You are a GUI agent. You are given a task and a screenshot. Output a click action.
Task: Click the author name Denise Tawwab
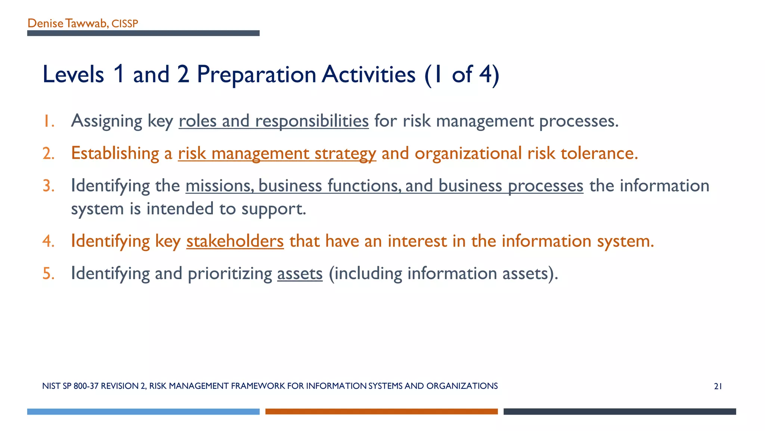pyautogui.click(x=67, y=24)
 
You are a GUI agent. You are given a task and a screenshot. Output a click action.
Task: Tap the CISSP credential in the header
pyautogui.click(x=125, y=24)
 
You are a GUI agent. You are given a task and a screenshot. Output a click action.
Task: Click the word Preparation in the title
pyautogui.click(x=256, y=74)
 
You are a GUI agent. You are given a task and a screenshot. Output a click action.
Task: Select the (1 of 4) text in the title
pyautogui.click(x=462, y=74)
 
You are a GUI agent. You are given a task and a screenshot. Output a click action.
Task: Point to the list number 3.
pyautogui.click(x=48, y=186)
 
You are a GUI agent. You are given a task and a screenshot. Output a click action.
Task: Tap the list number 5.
pyautogui.click(x=48, y=273)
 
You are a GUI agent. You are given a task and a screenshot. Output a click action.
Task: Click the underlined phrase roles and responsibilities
pyautogui.click(x=273, y=121)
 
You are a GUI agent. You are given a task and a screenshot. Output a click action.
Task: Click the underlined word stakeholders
pyautogui.click(x=235, y=241)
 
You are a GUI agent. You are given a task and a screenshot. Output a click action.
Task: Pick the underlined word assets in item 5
pyautogui.click(x=300, y=273)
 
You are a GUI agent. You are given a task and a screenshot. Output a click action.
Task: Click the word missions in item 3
pyautogui.click(x=219, y=186)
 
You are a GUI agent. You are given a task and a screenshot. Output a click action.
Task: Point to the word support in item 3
pyautogui.click(x=273, y=209)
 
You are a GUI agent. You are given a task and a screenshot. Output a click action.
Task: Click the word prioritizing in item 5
pyautogui.click(x=230, y=273)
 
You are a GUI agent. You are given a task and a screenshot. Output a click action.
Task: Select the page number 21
pyautogui.click(x=718, y=386)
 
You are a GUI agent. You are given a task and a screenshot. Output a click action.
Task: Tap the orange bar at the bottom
pyautogui.click(x=381, y=412)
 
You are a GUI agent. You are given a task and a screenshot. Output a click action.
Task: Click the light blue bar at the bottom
pyautogui.click(x=143, y=412)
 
